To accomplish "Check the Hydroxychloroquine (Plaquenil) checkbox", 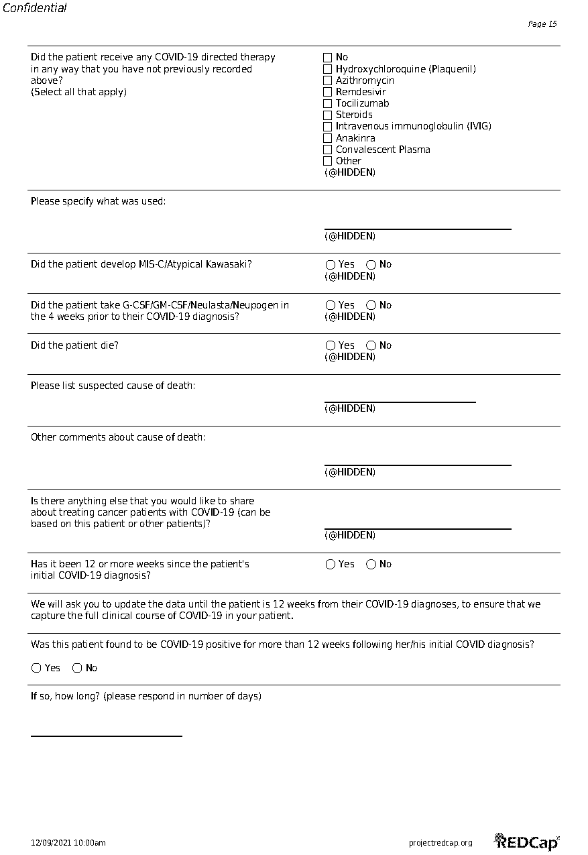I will coord(328,69).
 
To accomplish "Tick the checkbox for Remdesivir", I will coord(328,92).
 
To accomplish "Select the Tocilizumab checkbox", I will coord(328,103).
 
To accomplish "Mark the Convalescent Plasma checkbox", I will coord(328,150).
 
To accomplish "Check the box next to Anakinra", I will coord(328,138).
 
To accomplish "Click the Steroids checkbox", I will coord(328,115).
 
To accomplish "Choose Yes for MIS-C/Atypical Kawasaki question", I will coord(331,265).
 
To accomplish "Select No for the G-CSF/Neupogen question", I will coord(371,305).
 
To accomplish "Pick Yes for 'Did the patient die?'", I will coord(331,345).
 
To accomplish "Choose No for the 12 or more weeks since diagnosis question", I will coord(371,565).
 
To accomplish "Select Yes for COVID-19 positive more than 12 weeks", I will coord(36,668).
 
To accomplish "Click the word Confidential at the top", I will coord(34,8).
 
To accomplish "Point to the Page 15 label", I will coord(542,24).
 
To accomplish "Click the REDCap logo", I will coord(527,842).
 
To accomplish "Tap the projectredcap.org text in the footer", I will coord(440,843).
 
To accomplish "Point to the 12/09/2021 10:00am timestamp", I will coord(68,843).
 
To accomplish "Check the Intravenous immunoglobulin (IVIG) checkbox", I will coord(328,127).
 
